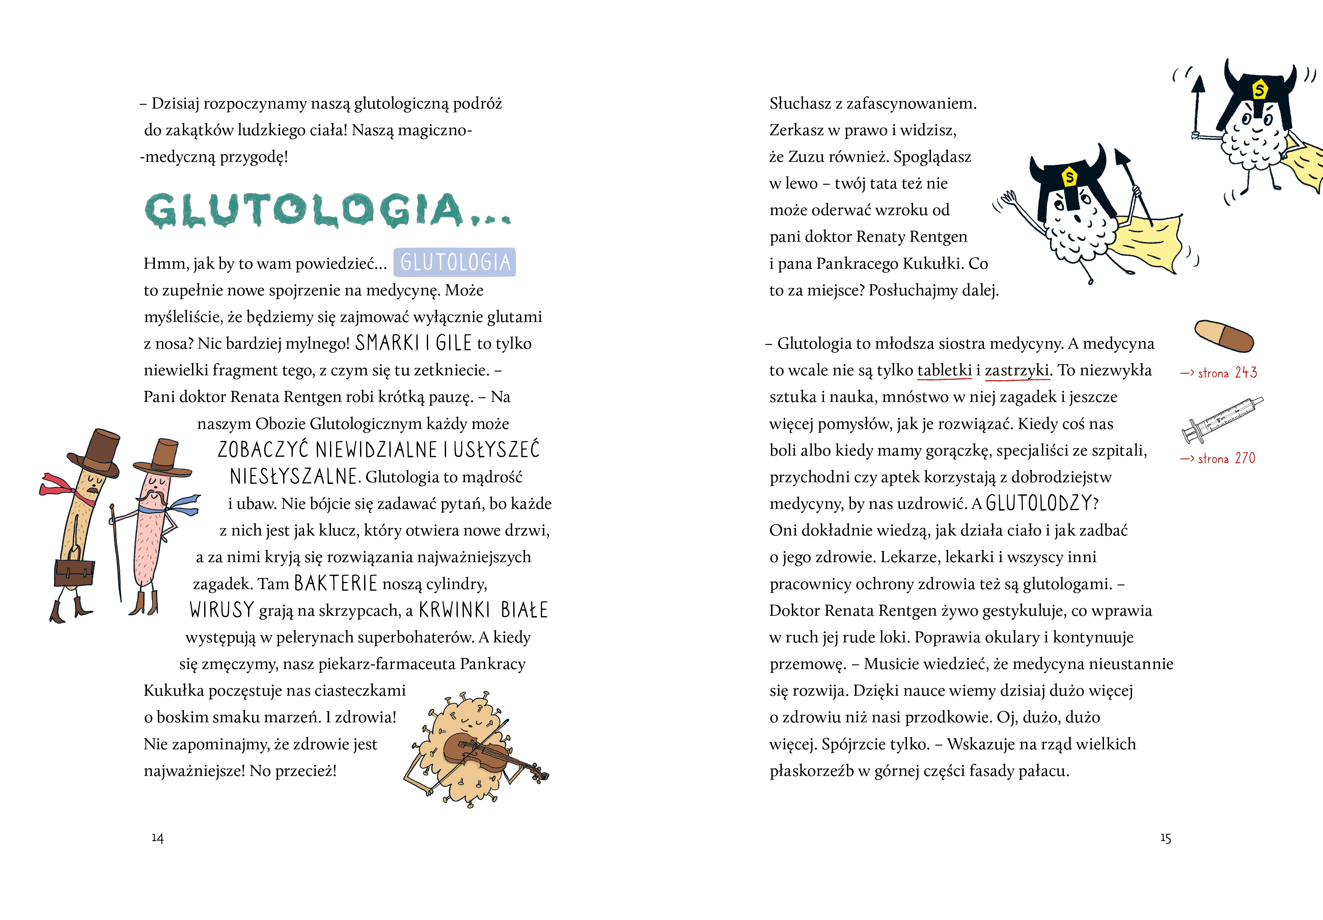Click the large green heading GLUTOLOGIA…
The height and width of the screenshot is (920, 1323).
[327, 210]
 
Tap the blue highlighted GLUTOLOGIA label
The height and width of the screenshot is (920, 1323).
[454, 263]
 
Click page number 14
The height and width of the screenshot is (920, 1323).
[157, 838]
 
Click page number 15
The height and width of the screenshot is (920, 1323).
[1165, 838]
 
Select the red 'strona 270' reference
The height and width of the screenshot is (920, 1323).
[1217, 459]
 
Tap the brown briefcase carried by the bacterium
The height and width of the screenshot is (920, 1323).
[74, 572]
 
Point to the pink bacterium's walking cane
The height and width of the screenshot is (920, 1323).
[116, 553]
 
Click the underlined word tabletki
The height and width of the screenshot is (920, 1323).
[944, 370]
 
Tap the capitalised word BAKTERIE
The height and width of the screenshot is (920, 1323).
[335, 583]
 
